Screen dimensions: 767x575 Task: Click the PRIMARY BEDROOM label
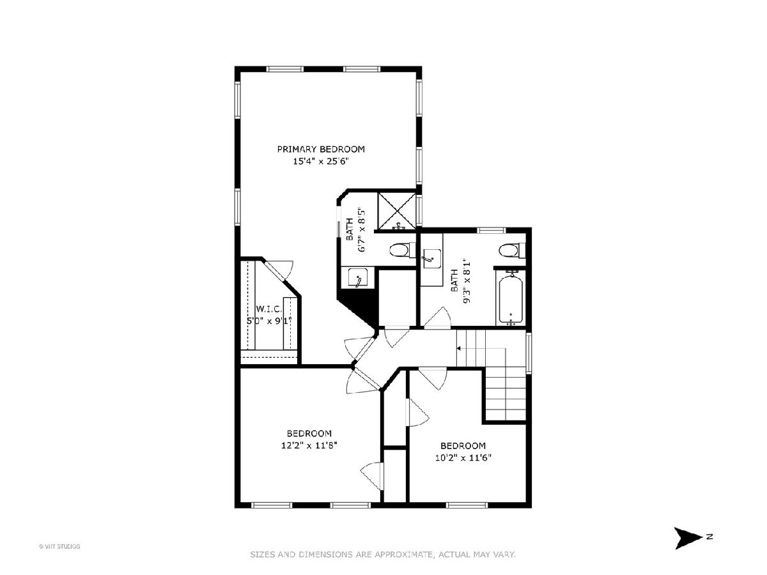(321, 149)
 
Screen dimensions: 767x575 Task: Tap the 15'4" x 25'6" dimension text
(321, 161)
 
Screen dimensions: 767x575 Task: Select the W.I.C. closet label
(269, 309)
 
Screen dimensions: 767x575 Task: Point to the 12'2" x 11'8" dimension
(309, 445)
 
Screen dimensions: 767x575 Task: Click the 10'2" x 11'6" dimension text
(463, 457)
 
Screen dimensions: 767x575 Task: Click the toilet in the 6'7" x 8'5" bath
(402, 250)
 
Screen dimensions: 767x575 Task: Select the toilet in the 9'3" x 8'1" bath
(512, 250)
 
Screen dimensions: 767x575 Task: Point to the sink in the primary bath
(358, 278)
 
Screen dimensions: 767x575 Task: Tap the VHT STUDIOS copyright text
(59, 546)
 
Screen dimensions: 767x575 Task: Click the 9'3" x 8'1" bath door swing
(437, 318)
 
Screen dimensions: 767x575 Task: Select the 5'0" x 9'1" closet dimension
(269, 321)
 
